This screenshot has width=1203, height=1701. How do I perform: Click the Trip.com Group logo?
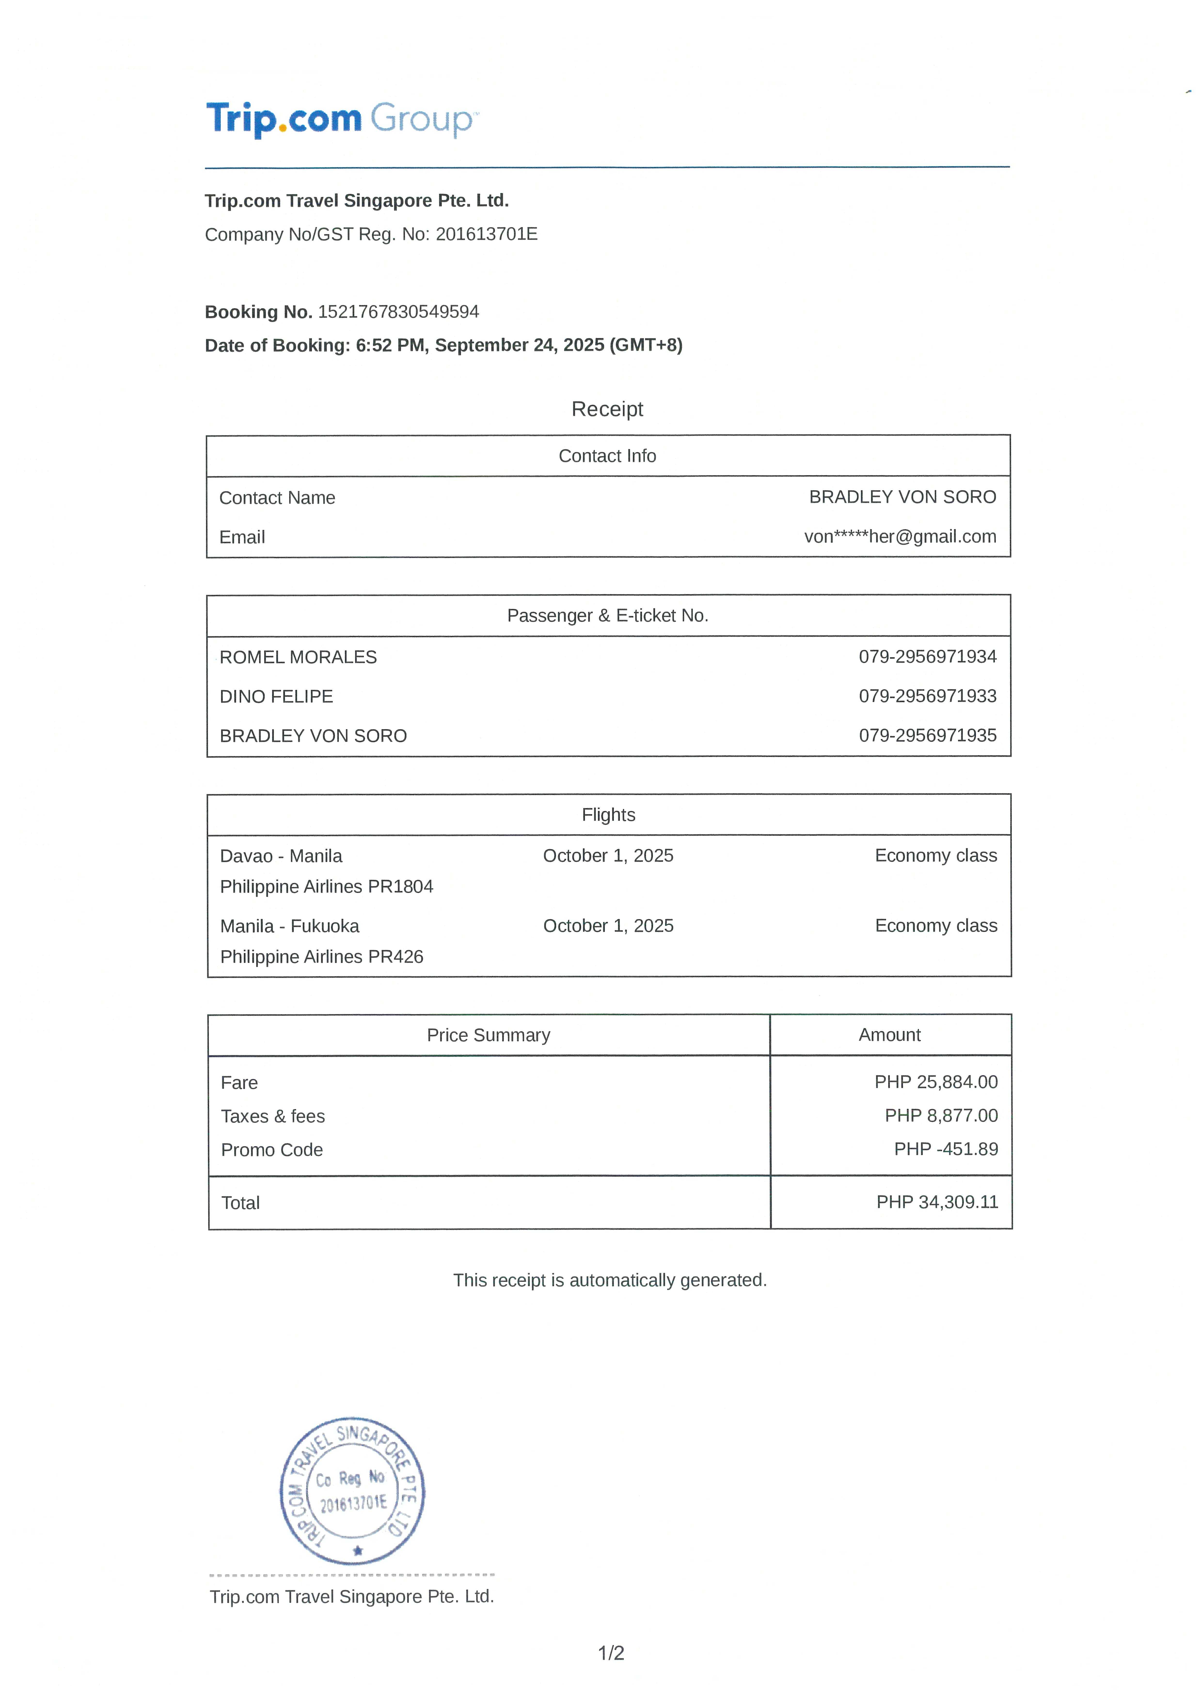tap(342, 119)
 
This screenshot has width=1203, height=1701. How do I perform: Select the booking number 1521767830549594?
tap(398, 312)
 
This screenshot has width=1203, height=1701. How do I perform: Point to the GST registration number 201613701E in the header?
tap(487, 234)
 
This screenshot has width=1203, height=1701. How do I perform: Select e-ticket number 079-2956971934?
tap(927, 656)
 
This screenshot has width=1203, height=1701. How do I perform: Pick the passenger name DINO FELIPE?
tap(276, 696)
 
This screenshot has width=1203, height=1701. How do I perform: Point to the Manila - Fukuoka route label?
tap(290, 926)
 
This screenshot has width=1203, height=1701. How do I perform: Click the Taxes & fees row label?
tap(273, 1117)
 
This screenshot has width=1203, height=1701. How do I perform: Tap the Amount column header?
tap(890, 1035)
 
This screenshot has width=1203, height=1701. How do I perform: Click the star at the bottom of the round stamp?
tap(358, 1551)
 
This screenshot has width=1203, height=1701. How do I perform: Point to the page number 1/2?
tap(611, 1653)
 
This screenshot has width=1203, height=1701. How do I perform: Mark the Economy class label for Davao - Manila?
tap(936, 856)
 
